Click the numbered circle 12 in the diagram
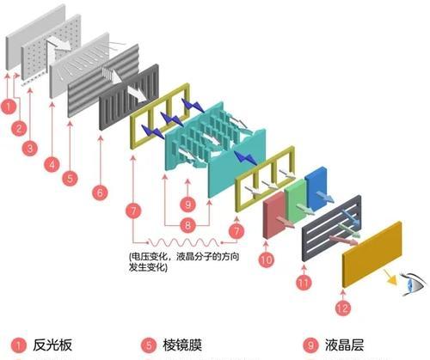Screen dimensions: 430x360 342,308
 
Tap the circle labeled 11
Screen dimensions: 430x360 304,283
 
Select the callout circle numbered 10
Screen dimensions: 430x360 267,259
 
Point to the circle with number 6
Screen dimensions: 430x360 100,192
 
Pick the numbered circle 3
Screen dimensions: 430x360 30,149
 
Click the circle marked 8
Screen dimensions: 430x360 187,225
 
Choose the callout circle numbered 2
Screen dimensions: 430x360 19,128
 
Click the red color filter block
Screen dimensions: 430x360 274,215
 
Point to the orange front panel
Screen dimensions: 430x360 372,253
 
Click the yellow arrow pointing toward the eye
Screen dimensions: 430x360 390,277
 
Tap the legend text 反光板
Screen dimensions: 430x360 52,345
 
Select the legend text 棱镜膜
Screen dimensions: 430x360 182,345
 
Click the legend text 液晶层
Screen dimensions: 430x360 344,345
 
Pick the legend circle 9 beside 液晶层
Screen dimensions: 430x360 311,345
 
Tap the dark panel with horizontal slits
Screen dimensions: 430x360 332,229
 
